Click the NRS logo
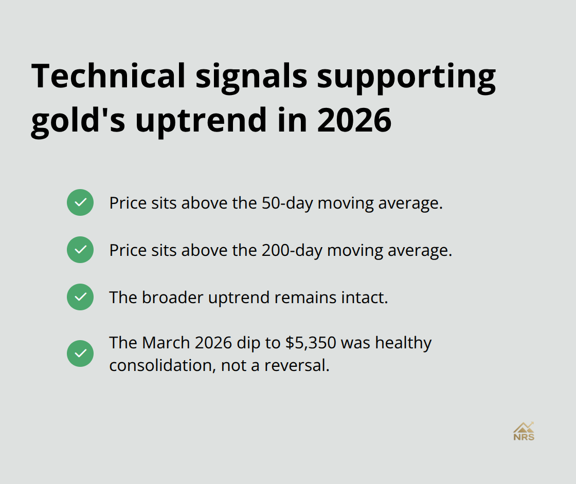(524, 432)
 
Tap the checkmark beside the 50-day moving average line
(80, 202)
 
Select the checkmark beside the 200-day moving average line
(80, 250)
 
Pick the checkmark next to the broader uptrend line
(80, 297)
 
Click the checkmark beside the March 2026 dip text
(80, 353)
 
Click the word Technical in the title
(108, 76)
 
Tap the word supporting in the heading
(406, 76)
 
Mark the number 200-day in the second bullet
(293, 250)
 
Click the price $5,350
(307, 343)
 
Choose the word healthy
(403, 343)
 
